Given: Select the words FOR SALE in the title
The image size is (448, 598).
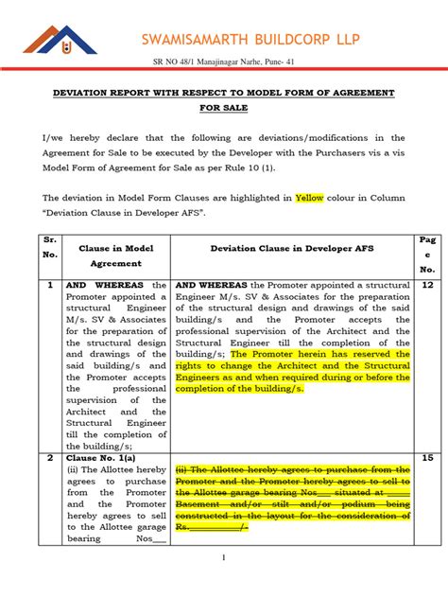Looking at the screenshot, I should pos(223,108).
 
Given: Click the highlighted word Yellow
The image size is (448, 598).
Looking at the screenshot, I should pos(309,198).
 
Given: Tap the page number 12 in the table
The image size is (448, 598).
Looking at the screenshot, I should pos(427,284).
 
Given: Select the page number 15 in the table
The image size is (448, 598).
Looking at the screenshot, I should pos(427,457).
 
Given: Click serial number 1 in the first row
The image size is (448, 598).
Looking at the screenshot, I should pos(50,284).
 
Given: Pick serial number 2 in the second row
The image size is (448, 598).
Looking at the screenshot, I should pos(50,457).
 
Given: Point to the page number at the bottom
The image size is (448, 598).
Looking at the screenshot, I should pos(223,558).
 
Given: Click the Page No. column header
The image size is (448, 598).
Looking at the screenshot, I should pos(427,255).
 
